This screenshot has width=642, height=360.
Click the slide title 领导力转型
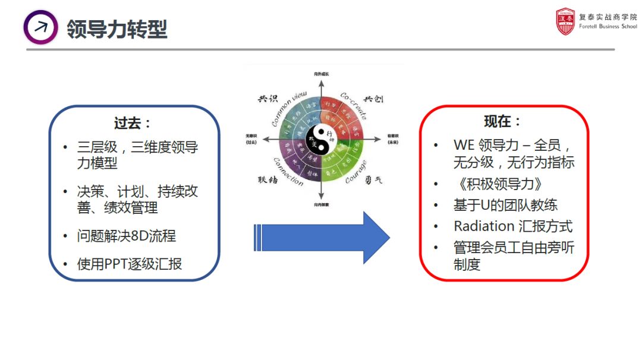tap(117, 28)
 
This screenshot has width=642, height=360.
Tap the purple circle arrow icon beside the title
tap(40, 27)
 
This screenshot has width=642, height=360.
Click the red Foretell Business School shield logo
tap(565, 21)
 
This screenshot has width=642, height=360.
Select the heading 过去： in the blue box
tap(133, 123)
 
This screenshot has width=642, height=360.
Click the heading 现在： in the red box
tap(503, 122)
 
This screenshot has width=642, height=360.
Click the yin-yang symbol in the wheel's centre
tap(321, 138)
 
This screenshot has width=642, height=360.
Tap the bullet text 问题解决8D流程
tap(126, 236)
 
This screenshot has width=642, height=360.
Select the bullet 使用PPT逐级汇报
tap(129, 263)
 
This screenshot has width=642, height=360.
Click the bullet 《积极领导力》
tap(498, 184)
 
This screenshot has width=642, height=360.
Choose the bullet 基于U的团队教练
tap(505, 205)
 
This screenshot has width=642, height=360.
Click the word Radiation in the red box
tap(484, 226)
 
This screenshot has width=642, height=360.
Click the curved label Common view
tap(288, 107)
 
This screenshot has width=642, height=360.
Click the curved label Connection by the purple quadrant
tap(288, 172)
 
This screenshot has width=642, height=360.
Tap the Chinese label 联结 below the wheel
tap(267, 179)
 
